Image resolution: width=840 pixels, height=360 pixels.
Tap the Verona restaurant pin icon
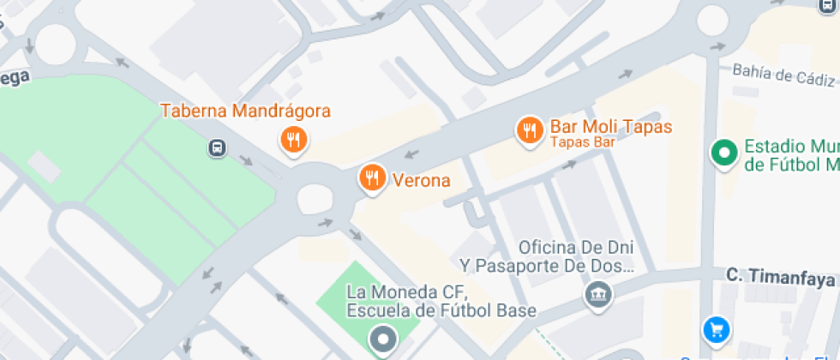point(371,178)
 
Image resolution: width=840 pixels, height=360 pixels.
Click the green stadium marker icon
point(725,154)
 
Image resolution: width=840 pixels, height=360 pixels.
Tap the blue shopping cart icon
point(715,328)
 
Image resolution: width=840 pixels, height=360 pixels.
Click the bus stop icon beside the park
point(218,148)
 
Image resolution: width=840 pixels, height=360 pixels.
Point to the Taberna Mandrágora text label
point(246,111)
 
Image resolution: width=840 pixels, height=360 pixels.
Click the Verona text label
point(421,180)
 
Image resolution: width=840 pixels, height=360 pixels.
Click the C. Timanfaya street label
point(780,277)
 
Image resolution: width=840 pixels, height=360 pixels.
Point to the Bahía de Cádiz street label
point(783,76)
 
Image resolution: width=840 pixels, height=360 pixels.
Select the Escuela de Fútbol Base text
point(441,310)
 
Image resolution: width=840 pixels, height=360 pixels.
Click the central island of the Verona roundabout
point(315,199)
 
